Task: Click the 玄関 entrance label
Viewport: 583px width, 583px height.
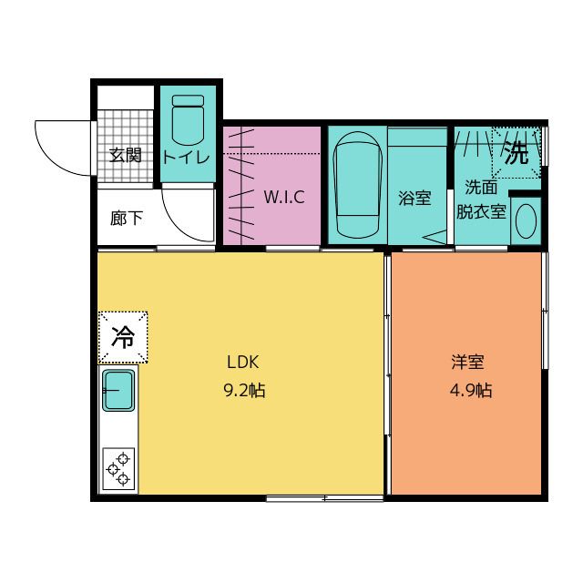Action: pyautogui.click(x=125, y=155)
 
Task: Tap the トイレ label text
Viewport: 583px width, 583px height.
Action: pyautogui.click(x=186, y=156)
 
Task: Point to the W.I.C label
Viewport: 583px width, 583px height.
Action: pyautogui.click(x=283, y=198)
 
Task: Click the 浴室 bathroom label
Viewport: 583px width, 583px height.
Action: pyautogui.click(x=414, y=198)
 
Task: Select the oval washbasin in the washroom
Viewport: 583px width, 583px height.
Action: pyautogui.click(x=526, y=220)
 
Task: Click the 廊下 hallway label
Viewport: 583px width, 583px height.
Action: pyautogui.click(x=126, y=219)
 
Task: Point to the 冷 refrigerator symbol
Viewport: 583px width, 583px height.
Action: pyautogui.click(x=123, y=337)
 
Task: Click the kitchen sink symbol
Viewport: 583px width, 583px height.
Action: pyautogui.click(x=118, y=391)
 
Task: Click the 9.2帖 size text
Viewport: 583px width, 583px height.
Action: pyautogui.click(x=244, y=391)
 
